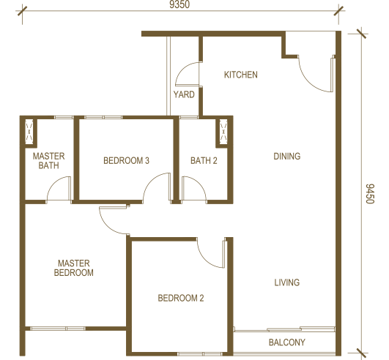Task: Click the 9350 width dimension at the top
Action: pos(179,4)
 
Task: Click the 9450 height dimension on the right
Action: pos(370,193)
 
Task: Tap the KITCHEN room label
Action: pos(240,75)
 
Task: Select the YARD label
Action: pos(184,94)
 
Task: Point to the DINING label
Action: pos(286,156)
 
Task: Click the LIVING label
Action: pos(286,282)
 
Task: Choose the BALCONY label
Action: pos(286,342)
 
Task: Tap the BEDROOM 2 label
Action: pos(181,298)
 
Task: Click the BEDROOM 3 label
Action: pos(126,160)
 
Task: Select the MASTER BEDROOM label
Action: pos(74,268)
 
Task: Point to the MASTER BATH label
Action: pos(48,160)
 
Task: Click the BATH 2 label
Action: pos(204,160)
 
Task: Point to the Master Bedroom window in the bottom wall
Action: pos(58,329)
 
